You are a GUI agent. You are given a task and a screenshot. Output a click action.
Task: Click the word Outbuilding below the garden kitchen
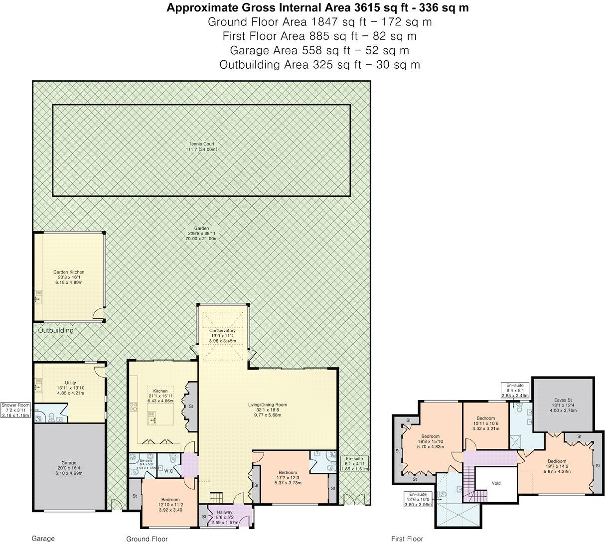(56, 330)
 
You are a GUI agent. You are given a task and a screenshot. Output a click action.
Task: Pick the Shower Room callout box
(15, 409)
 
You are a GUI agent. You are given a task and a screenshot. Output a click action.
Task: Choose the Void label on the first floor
(496, 483)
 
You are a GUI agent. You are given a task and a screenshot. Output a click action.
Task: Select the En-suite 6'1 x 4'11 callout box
(354, 463)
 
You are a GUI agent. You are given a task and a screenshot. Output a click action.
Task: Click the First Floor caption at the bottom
(407, 538)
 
